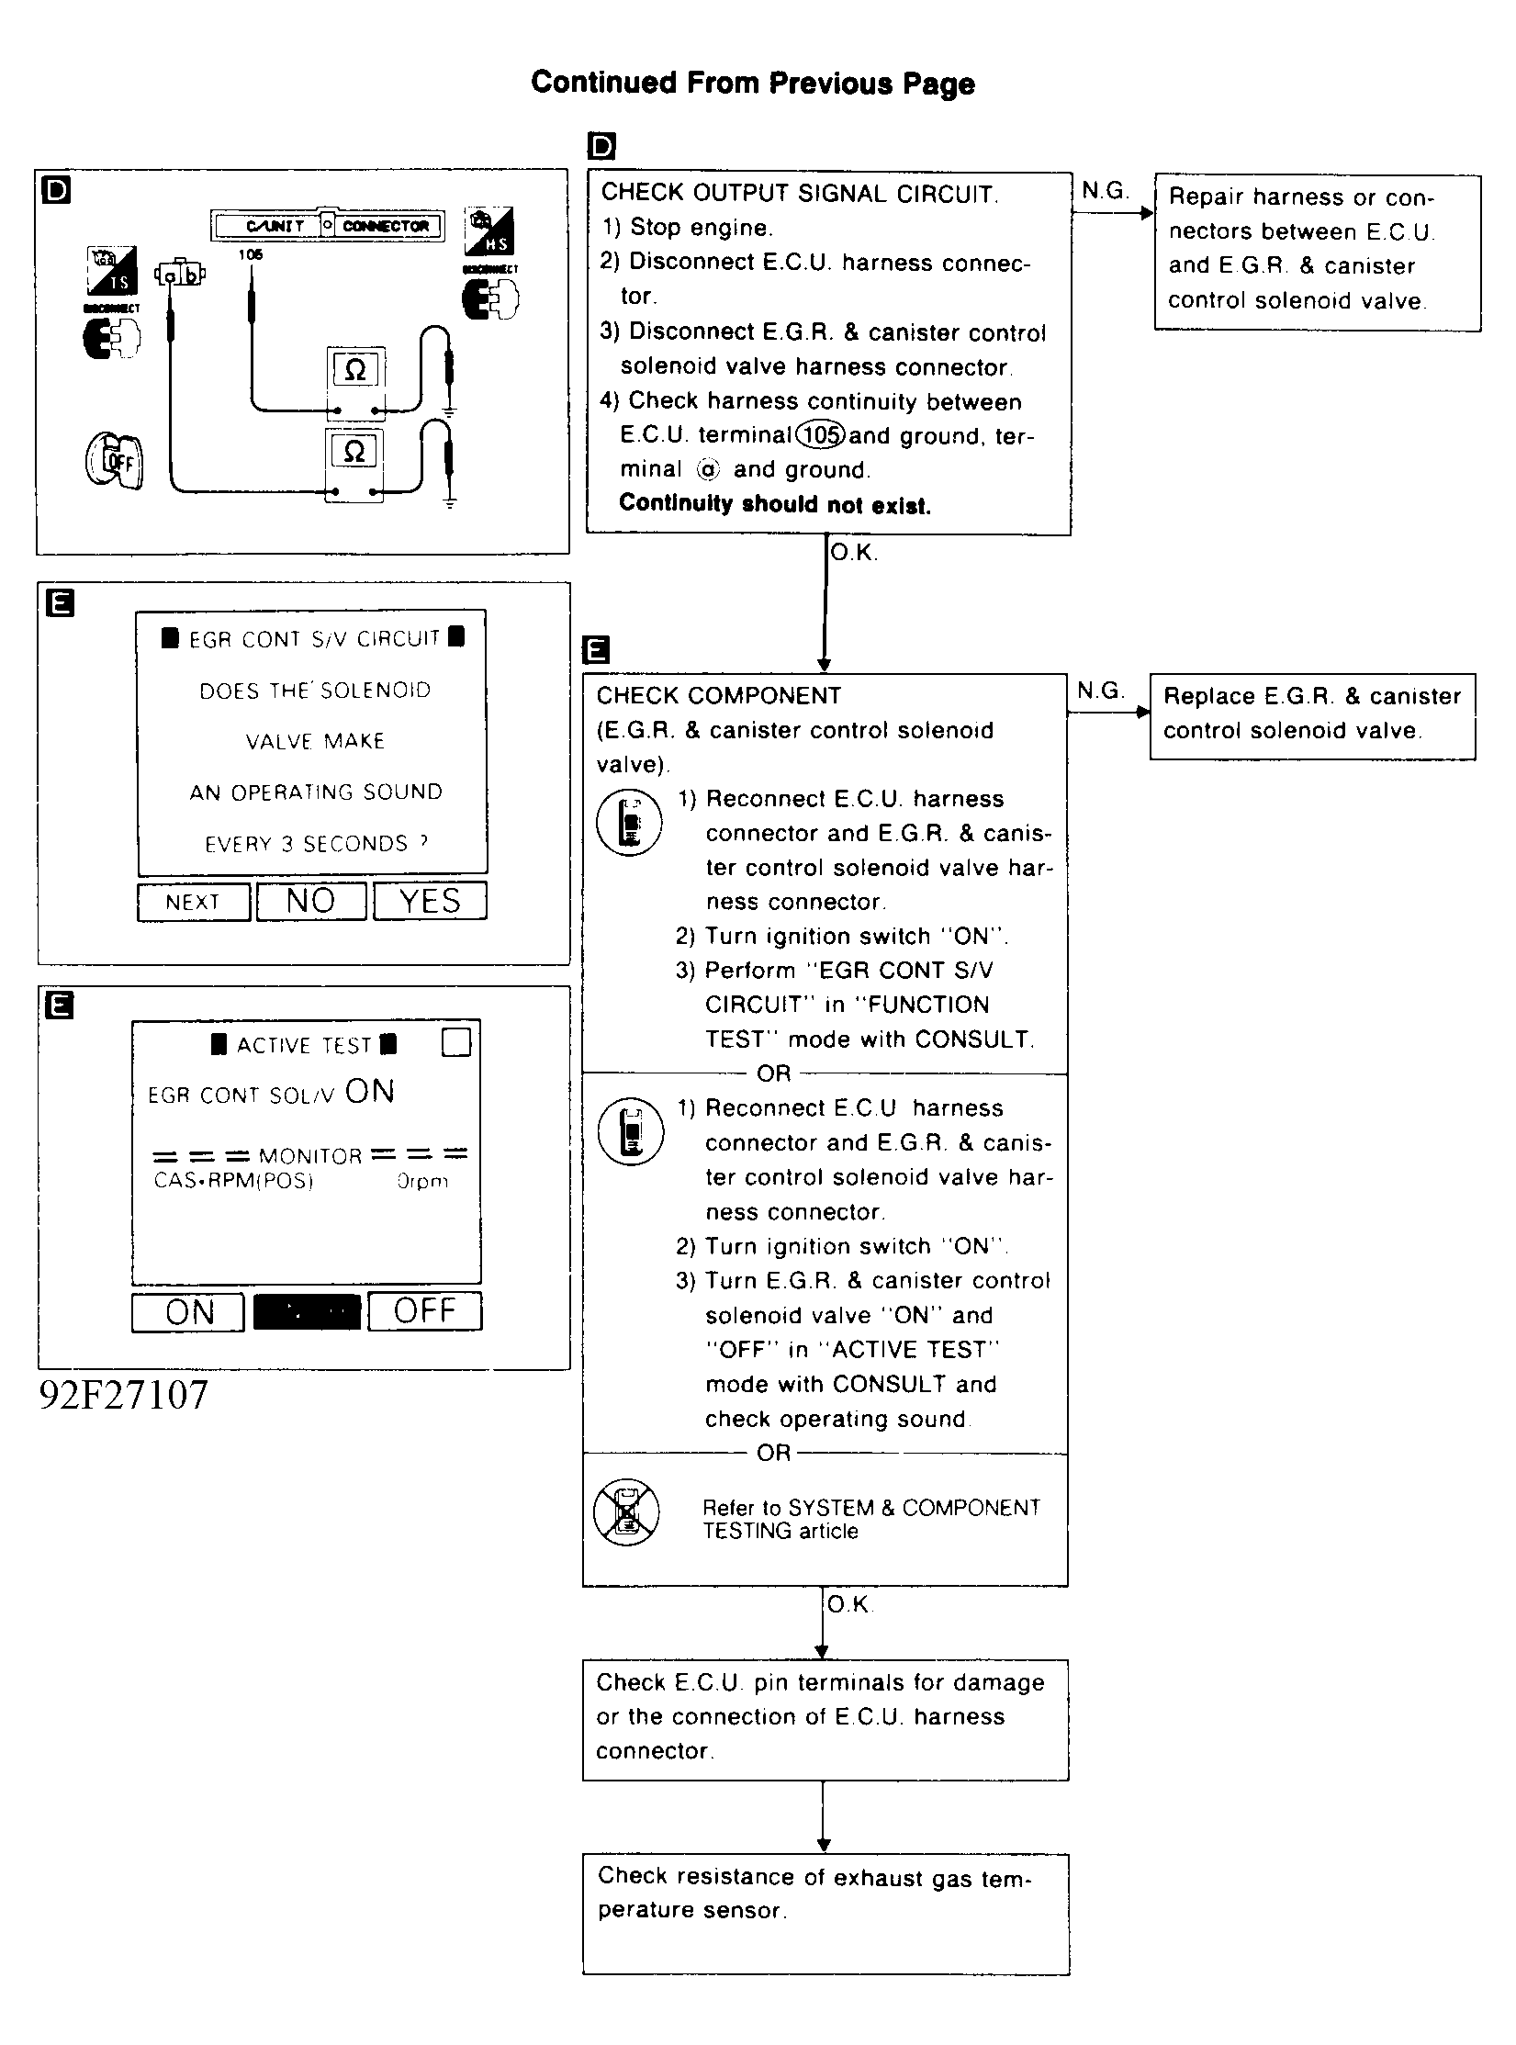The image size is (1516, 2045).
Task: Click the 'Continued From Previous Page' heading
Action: tap(752, 83)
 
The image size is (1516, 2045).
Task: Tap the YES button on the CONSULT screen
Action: tap(430, 901)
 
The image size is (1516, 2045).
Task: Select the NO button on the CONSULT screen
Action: tap(311, 901)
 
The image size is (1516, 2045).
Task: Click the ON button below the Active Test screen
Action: tap(188, 1311)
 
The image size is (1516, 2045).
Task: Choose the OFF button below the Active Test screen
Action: tap(424, 1311)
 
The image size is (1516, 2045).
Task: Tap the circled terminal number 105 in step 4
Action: tap(820, 435)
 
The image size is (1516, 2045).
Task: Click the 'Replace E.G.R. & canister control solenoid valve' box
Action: tap(1312, 715)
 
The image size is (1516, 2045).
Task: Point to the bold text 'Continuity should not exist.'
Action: tap(774, 504)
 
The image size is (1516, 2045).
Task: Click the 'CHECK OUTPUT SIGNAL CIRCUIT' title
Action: tap(799, 194)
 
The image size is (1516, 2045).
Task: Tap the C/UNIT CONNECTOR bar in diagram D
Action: tap(328, 226)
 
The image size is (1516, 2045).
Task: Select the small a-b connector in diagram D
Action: tap(180, 274)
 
